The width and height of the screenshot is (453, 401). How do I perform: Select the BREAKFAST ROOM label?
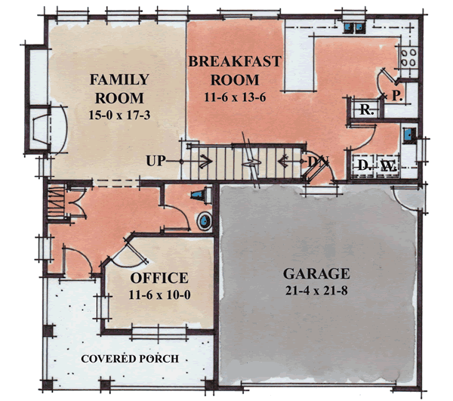pos(235,70)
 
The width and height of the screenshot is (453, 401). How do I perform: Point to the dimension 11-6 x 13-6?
pos(235,97)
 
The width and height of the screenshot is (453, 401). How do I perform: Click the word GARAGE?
pos(316,273)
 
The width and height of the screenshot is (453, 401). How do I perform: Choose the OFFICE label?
pos(159,278)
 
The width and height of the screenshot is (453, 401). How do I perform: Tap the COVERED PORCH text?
pos(130,359)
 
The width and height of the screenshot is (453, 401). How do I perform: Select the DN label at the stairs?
pos(315,162)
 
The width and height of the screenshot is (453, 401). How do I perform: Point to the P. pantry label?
pos(396,95)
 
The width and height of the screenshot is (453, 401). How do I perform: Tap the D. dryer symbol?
pos(363,165)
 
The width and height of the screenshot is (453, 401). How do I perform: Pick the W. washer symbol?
pos(387,165)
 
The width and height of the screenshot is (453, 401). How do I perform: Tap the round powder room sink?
pos(204,222)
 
